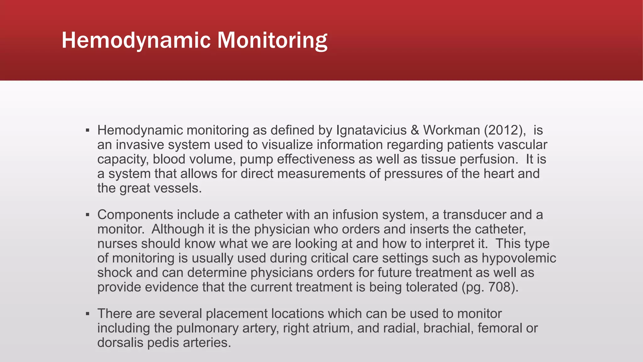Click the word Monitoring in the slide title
272,40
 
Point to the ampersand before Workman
415,130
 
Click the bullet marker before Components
88,215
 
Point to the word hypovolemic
519,258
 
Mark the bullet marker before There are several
88,314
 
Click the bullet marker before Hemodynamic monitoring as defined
88,130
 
